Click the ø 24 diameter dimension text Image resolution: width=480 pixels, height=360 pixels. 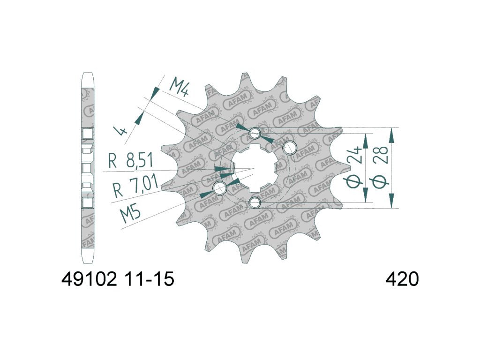pos(356,168)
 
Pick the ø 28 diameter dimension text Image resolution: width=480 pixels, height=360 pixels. pos(381,167)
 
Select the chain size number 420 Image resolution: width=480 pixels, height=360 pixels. pos(402,279)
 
